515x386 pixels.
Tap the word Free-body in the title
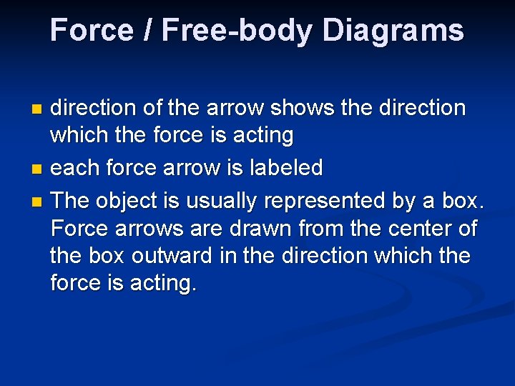click(x=235, y=31)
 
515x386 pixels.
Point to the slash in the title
click(x=149, y=31)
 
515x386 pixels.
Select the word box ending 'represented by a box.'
click(x=463, y=201)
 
